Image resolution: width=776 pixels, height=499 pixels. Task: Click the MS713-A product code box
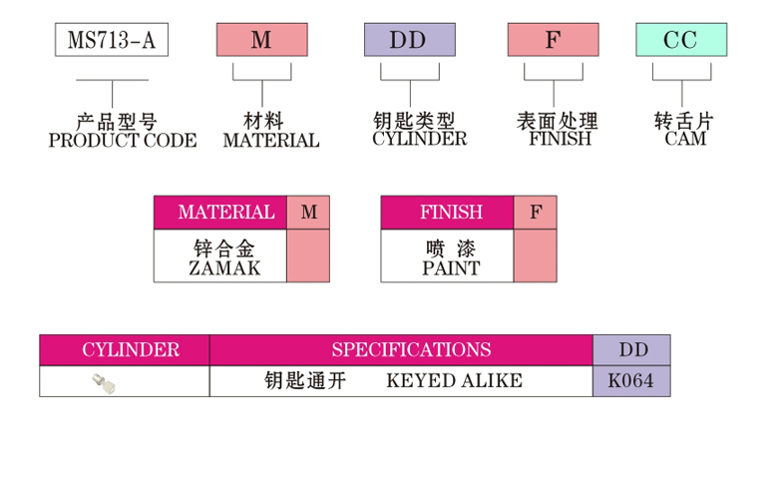tap(112, 41)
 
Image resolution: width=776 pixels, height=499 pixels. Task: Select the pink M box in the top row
tap(261, 41)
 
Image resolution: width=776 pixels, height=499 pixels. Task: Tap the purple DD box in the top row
tap(409, 41)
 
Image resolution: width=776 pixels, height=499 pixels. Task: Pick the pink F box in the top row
tap(553, 41)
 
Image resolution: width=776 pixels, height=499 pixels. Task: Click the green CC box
tap(681, 41)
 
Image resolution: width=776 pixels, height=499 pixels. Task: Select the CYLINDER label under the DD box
tap(419, 140)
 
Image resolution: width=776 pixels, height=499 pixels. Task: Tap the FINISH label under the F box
tap(561, 140)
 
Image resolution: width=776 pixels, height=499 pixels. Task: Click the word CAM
tap(685, 140)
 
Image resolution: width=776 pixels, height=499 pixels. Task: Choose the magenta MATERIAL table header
tap(225, 213)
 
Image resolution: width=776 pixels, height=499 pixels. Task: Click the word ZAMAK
tap(224, 268)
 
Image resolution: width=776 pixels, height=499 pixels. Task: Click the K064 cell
tap(632, 381)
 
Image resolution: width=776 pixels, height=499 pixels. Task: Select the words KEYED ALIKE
tap(454, 381)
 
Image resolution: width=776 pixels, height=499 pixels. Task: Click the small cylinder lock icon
tap(100, 381)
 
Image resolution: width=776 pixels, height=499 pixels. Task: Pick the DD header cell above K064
tap(632, 350)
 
